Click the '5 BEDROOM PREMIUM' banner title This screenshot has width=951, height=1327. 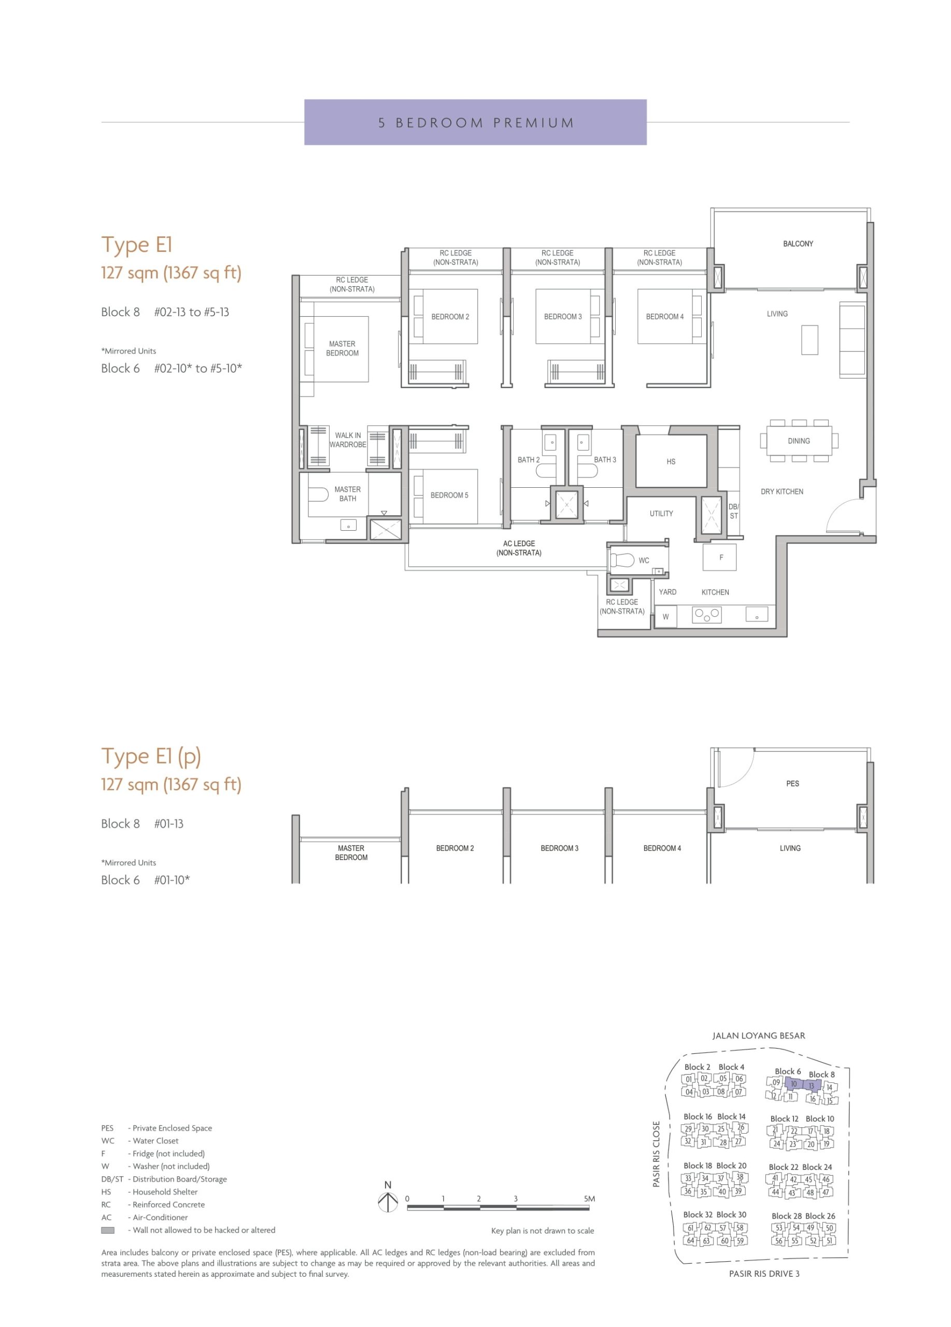tap(476, 123)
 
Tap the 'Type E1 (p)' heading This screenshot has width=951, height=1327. tap(151, 756)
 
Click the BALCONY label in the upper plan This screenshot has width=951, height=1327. tap(798, 244)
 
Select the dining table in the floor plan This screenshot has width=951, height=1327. tap(798, 441)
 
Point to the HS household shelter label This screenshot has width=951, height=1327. tap(671, 462)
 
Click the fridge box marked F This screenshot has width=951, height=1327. tap(720, 557)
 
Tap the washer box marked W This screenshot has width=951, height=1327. tap(665, 617)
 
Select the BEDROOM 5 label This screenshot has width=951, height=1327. tap(449, 495)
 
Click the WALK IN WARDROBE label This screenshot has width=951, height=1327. tap(348, 440)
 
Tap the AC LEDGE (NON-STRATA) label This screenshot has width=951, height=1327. tap(519, 548)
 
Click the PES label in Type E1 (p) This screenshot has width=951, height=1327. tap(792, 783)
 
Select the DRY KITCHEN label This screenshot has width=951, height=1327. tap(782, 491)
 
